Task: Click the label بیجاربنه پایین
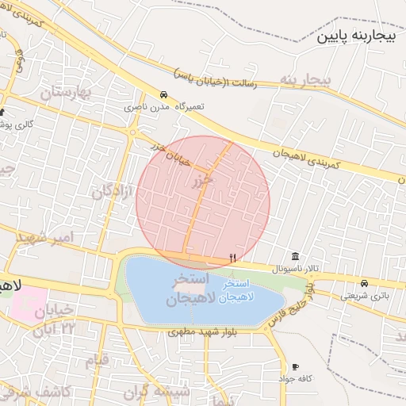coord(354,36)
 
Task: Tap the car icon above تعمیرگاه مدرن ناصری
coord(163,94)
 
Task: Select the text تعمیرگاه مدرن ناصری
coord(156,105)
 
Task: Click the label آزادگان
coord(110,184)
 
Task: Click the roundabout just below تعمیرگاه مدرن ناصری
coord(132,128)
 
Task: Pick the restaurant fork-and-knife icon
coord(232,257)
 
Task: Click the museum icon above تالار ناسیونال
coord(295,255)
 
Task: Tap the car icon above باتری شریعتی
coord(364,283)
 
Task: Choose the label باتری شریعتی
coord(360,295)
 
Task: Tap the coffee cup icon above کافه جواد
coord(296,366)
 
